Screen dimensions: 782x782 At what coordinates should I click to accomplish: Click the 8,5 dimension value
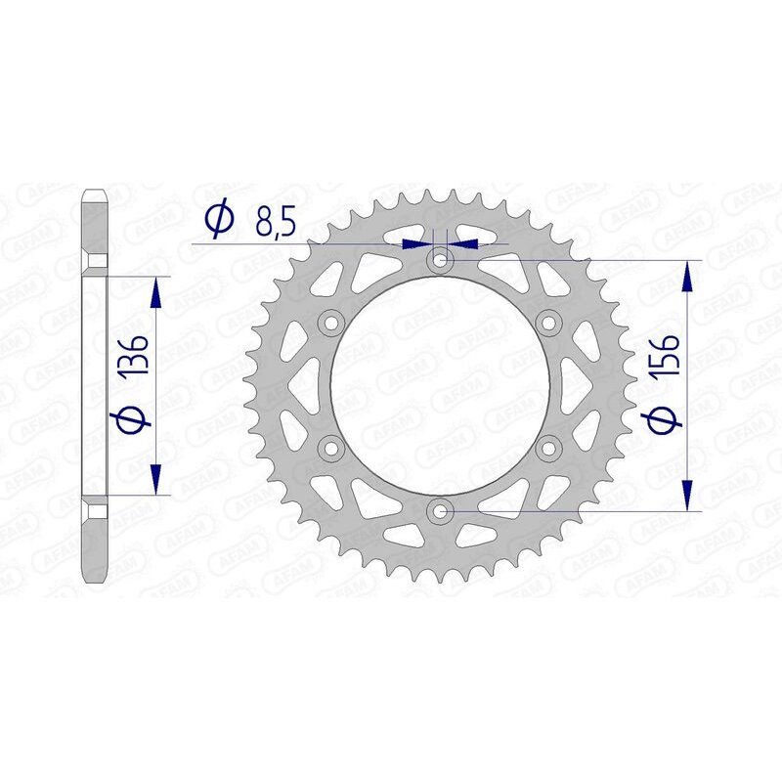(x=276, y=224)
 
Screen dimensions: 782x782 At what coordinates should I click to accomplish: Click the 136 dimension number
(x=134, y=358)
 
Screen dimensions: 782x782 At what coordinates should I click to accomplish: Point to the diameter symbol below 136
(x=134, y=420)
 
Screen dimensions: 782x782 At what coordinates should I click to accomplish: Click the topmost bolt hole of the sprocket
(x=439, y=260)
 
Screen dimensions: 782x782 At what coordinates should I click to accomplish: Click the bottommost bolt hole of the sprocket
(x=439, y=510)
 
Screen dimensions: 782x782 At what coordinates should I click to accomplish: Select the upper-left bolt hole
(x=330, y=323)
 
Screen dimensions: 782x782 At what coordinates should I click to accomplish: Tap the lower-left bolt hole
(x=330, y=448)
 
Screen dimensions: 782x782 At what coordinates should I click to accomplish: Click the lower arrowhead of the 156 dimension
(x=691, y=496)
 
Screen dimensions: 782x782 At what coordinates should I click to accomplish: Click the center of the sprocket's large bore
(x=439, y=385)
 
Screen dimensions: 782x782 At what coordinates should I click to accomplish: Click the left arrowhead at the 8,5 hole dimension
(x=420, y=241)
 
